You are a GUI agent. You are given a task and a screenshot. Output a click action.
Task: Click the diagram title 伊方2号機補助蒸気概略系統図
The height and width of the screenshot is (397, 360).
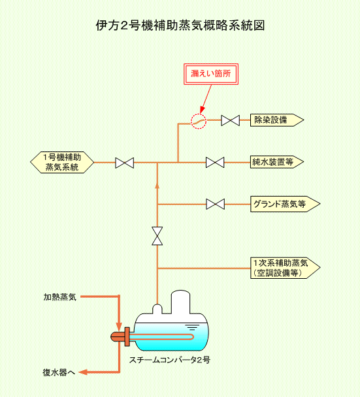(180, 25)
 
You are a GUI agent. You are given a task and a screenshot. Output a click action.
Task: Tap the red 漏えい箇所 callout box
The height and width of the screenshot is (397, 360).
(211, 74)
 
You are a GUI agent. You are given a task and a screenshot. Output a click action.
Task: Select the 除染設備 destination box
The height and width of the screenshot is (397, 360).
(277, 120)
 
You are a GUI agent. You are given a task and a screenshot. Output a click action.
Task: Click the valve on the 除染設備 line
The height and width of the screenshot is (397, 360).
(230, 120)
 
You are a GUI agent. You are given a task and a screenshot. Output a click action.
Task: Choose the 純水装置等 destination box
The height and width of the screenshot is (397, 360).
(277, 162)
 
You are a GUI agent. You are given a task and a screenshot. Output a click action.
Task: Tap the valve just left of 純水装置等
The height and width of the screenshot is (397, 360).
(215, 163)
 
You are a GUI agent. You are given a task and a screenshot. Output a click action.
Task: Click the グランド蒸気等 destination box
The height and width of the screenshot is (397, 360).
(285, 204)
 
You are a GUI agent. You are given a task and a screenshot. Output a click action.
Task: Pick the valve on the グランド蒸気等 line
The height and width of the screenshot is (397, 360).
(215, 204)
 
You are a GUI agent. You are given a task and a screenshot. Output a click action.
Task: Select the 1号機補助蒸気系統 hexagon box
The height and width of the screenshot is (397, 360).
(62, 163)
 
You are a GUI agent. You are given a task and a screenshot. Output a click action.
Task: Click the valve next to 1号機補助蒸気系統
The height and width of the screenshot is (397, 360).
(124, 163)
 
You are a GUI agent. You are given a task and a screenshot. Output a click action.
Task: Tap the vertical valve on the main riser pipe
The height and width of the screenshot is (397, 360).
(157, 236)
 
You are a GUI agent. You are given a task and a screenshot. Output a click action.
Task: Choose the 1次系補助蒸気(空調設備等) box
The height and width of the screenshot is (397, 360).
(285, 268)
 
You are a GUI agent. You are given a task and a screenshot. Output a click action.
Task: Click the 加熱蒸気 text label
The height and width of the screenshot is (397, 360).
(60, 297)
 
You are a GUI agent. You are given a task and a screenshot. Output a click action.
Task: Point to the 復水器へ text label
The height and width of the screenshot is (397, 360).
(59, 372)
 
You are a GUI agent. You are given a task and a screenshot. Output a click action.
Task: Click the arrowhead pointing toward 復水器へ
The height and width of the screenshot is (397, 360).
(83, 372)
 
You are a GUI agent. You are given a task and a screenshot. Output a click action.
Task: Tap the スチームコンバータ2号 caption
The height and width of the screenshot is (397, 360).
(169, 360)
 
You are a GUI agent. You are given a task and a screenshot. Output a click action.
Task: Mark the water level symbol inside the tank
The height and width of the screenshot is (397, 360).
(192, 327)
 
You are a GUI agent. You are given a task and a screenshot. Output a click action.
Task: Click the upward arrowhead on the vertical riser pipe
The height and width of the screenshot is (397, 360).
(157, 186)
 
